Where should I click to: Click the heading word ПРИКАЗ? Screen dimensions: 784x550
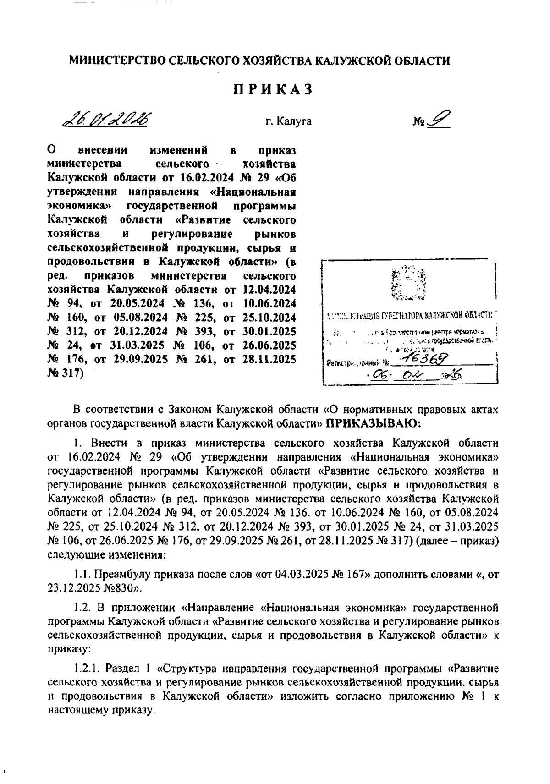274,89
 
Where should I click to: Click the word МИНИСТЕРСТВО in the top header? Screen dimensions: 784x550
116,60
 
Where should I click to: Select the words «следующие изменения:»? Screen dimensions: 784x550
106,555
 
